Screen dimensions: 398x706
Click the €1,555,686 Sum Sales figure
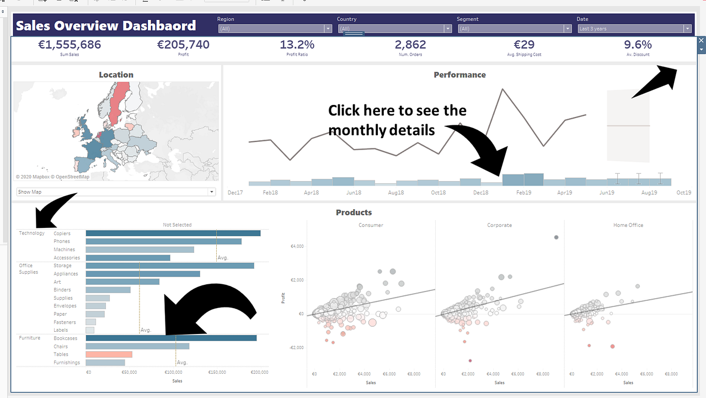point(69,45)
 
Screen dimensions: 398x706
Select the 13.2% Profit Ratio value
point(297,45)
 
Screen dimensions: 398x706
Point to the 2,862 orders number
point(410,45)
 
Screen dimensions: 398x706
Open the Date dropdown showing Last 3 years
point(634,29)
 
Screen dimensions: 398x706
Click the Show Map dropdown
point(115,192)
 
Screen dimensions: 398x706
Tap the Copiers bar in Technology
point(173,234)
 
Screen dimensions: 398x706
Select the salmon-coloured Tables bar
point(109,354)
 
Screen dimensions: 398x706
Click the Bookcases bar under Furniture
point(171,338)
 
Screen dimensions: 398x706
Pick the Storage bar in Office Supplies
point(170,266)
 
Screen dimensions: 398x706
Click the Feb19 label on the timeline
point(523,193)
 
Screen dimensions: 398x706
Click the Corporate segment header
point(499,225)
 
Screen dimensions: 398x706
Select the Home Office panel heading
point(628,225)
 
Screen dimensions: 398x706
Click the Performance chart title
point(459,75)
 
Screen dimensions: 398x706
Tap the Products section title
point(354,213)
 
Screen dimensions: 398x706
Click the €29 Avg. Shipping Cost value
point(524,45)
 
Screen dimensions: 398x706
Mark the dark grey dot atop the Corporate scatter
point(556,237)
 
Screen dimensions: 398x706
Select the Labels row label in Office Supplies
point(61,330)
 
